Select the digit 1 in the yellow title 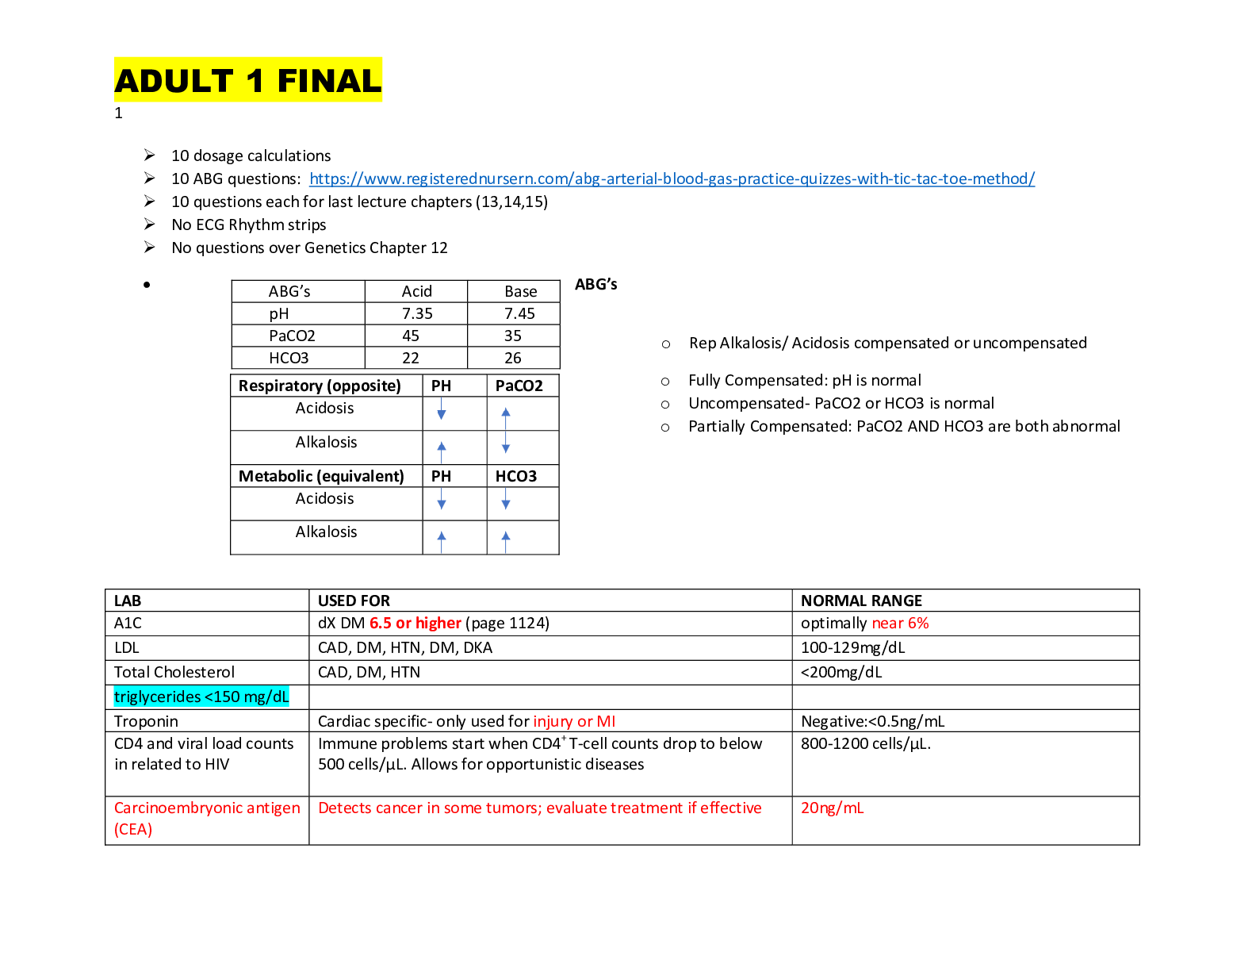click(255, 81)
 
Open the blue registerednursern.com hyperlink click(672, 179)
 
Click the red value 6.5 click(381, 624)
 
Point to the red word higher click(438, 624)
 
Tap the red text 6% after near click(918, 624)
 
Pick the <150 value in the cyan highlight click(223, 697)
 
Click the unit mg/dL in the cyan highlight click(266, 697)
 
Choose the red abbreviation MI click(606, 722)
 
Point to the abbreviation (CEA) click(133, 830)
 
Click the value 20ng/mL click(832, 808)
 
